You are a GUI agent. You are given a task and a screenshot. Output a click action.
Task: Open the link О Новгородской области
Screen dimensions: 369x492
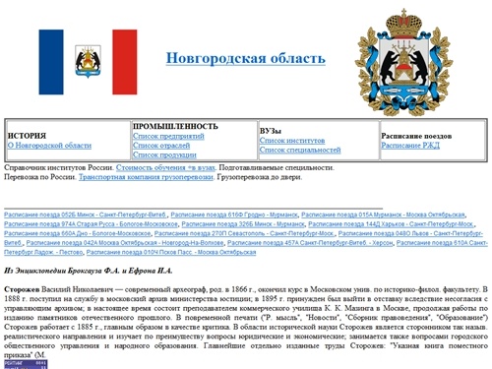49,145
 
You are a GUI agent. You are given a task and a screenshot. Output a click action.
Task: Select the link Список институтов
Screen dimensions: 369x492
293,141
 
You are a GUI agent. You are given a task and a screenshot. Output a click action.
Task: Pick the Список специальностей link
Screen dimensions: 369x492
300,150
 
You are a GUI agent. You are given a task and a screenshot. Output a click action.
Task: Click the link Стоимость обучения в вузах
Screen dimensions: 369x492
158,168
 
